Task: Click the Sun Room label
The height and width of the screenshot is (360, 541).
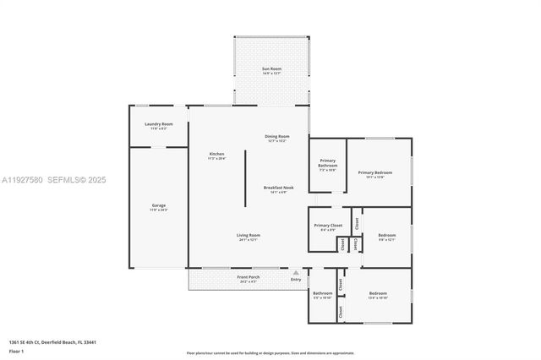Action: [270, 68]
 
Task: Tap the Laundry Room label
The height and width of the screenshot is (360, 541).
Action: [158, 124]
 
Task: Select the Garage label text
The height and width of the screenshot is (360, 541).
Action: [158, 205]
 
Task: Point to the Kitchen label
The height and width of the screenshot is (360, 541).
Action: [216, 154]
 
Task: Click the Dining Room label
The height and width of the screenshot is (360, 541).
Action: [277, 136]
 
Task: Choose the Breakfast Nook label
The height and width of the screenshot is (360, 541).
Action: [277, 188]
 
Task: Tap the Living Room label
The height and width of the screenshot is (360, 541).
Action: [248, 235]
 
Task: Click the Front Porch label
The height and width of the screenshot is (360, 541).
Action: [248, 277]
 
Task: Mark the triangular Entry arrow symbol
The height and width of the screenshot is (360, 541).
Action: [295, 273]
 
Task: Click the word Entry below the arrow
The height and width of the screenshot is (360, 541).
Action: [295, 280]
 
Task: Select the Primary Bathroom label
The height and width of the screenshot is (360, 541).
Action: [327, 164]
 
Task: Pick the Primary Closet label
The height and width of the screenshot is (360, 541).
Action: [327, 226]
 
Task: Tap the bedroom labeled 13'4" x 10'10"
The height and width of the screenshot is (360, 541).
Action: [377, 294]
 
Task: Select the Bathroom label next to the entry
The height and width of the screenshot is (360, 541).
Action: [322, 294]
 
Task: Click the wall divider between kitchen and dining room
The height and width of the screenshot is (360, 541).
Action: [246, 177]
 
